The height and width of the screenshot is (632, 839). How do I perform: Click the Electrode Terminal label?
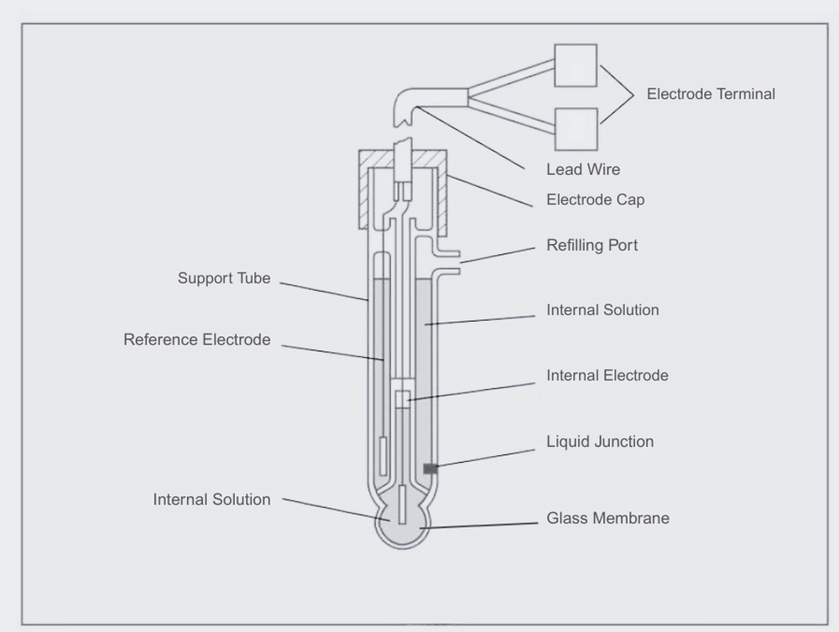(x=711, y=94)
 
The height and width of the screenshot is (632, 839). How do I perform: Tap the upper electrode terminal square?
(x=576, y=65)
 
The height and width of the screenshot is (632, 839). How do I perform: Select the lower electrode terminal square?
(x=576, y=129)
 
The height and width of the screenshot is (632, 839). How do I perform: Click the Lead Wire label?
(x=583, y=169)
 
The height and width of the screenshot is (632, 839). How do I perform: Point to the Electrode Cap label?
(x=596, y=200)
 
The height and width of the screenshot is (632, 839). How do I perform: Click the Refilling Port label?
(x=591, y=246)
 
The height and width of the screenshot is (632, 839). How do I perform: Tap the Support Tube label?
(x=224, y=278)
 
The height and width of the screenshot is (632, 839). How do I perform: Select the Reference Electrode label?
(x=197, y=339)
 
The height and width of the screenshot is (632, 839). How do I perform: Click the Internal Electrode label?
(x=607, y=376)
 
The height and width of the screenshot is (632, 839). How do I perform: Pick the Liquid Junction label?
(x=600, y=442)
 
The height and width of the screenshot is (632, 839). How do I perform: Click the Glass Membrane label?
(x=607, y=518)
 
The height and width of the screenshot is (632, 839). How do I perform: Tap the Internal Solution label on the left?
(x=212, y=500)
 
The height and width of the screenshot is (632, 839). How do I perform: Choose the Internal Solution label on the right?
(x=602, y=310)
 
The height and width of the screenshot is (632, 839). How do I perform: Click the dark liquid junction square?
(x=430, y=469)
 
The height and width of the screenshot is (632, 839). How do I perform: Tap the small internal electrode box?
(x=403, y=400)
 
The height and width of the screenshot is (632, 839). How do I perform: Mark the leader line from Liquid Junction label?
(x=486, y=458)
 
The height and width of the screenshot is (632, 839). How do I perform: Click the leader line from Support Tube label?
(x=324, y=292)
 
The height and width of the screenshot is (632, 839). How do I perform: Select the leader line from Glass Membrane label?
(x=479, y=526)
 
